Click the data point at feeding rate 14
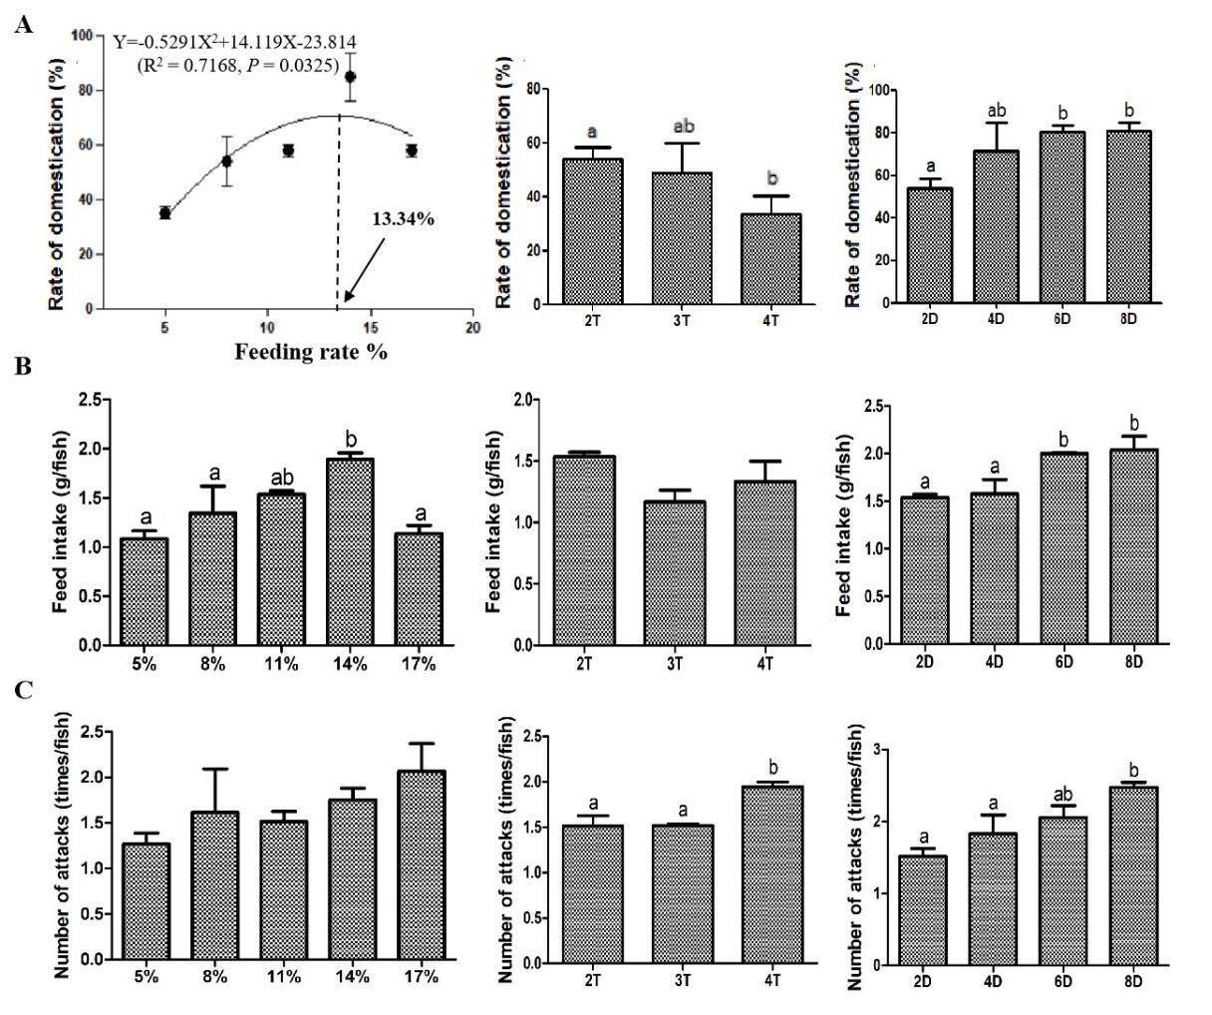(350, 77)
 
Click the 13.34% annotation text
(403, 218)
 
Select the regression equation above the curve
(234, 43)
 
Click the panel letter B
(23, 366)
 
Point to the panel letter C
(23, 690)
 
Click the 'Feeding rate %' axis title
(311, 352)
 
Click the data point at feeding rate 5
(164, 212)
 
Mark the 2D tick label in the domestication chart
(923, 318)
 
